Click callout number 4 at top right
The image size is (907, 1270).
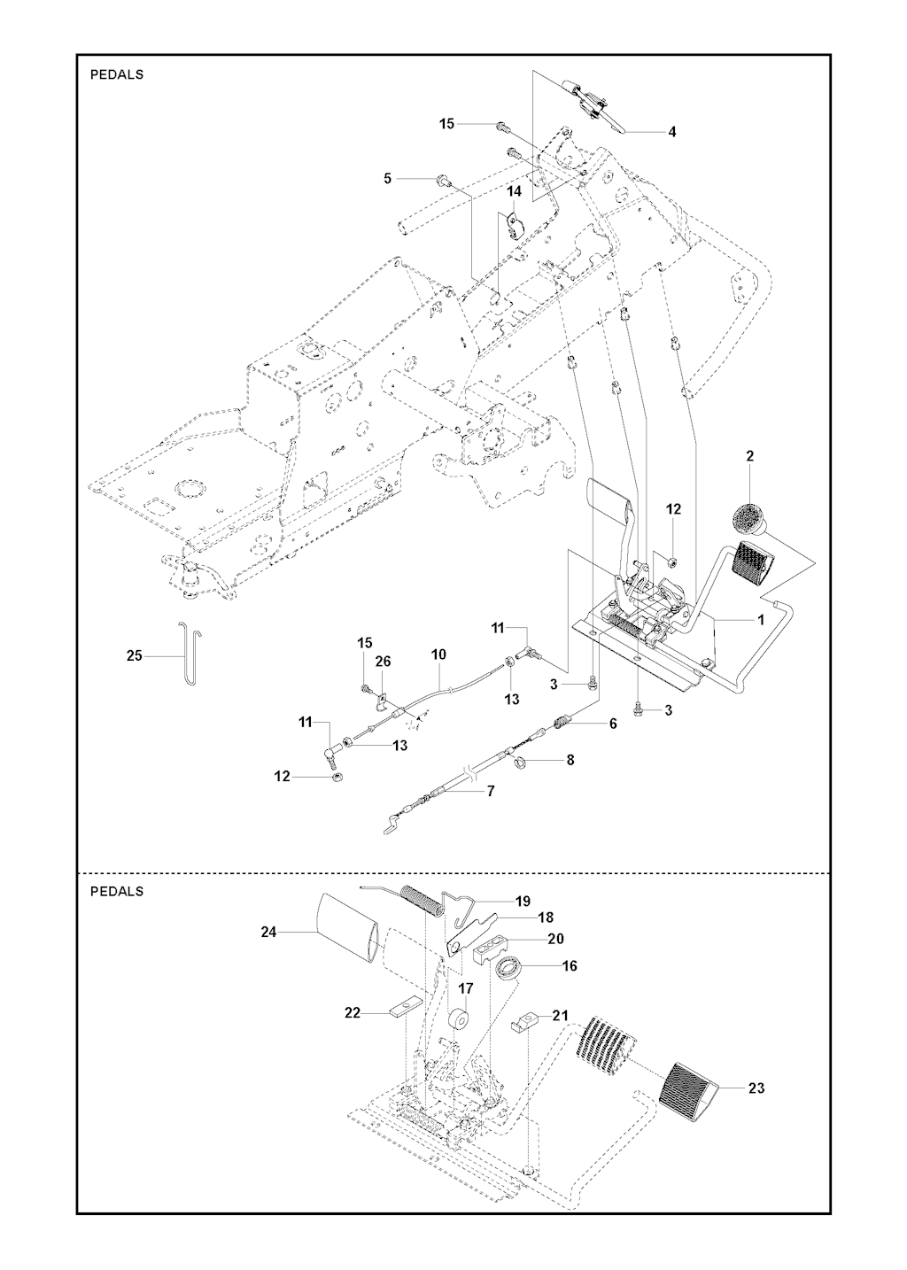click(x=672, y=132)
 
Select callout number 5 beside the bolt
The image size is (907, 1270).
click(x=387, y=179)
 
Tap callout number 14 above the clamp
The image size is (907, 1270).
click(x=514, y=191)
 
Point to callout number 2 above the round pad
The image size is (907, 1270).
click(x=750, y=456)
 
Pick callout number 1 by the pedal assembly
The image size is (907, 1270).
click(x=760, y=620)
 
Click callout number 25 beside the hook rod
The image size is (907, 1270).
click(x=135, y=656)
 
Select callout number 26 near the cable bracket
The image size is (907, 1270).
click(x=383, y=661)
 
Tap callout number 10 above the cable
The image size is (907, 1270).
click(x=438, y=654)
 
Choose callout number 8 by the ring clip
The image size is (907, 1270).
click(x=570, y=759)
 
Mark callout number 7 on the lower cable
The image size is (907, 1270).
click(x=491, y=790)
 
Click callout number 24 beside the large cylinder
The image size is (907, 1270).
click(x=269, y=931)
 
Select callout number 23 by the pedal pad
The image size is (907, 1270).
click(x=756, y=1088)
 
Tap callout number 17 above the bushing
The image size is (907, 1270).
click(x=466, y=987)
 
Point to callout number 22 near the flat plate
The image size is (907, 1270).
click(x=353, y=1012)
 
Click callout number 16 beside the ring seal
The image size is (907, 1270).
click(x=570, y=965)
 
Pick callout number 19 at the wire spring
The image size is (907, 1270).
click(x=523, y=901)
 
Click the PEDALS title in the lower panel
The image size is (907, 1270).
click(x=117, y=891)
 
